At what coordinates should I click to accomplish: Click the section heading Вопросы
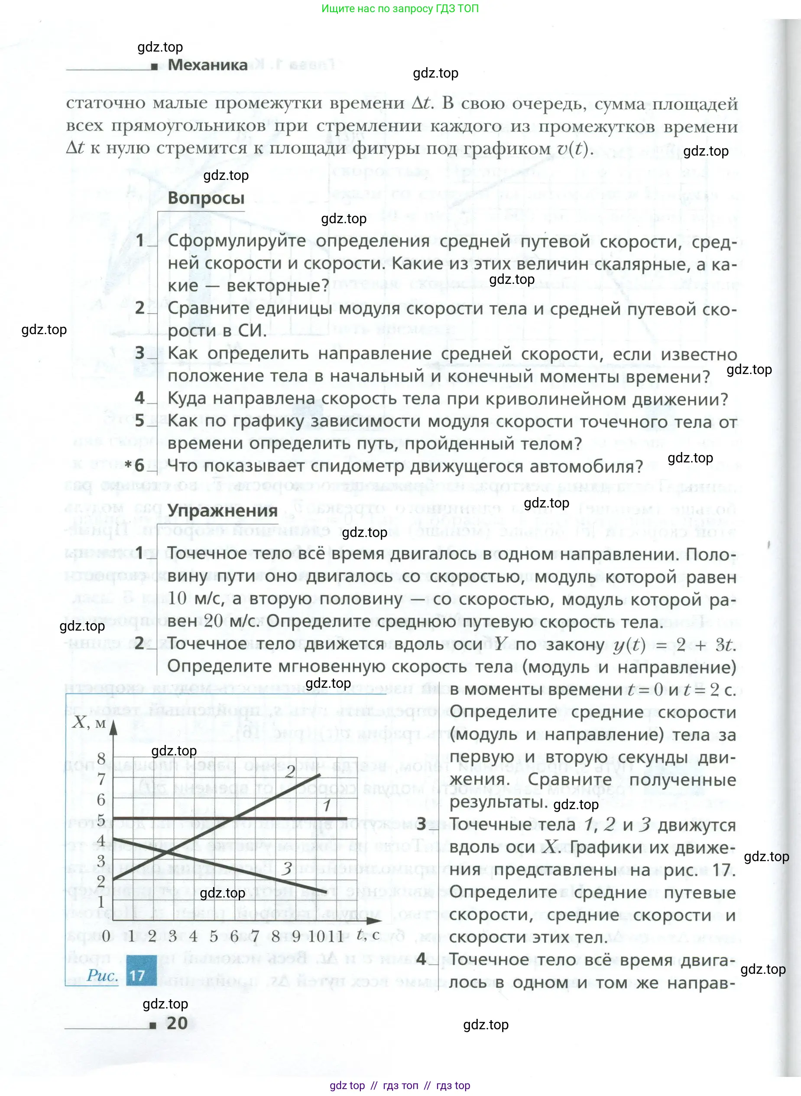coord(206,198)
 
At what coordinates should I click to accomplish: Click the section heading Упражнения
coord(222,511)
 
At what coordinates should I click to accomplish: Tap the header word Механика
coord(208,65)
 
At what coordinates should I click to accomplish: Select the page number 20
coord(177,1023)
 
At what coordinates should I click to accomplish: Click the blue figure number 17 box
coord(142,975)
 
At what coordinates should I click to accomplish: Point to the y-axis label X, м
coord(89,723)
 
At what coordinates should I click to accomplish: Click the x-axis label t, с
coord(368,934)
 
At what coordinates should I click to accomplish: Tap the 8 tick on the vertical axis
coord(101,758)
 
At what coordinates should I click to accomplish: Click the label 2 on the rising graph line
coord(290,771)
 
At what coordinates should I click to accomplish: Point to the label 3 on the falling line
coord(287,868)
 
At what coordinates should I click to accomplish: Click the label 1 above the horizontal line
coord(327,806)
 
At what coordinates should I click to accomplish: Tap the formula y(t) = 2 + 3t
coord(675,645)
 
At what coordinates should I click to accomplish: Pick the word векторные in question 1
coord(278,286)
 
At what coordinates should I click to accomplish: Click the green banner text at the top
coord(400,9)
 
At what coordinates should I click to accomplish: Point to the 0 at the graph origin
coord(106,936)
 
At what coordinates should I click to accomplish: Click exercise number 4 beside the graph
coord(421,959)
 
